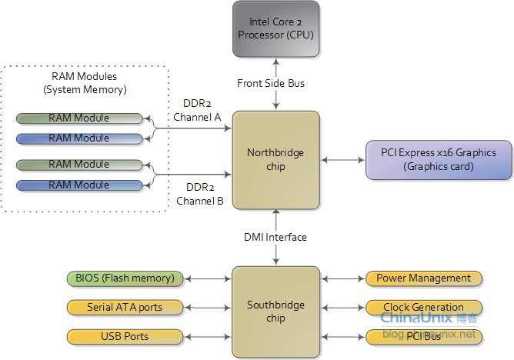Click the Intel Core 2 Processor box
[x=275, y=28]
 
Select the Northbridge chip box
[x=275, y=160]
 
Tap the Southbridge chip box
[x=275, y=312]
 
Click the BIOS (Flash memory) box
[x=125, y=278]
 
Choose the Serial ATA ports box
[x=125, y=307]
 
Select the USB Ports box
[x=125, y=336]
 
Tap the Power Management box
[x=423, y=278]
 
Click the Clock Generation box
[x=423, y=307]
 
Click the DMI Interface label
[x=275, y=237]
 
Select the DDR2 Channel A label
[x=197, y=110]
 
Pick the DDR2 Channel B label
[x=199, y=194]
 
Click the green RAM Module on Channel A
[x=79, y=118]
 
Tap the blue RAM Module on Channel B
[x=79, y=185]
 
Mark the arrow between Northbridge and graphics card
[x=342, y=160]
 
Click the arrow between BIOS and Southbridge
[x=208, y=278]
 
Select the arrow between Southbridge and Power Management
[x=342, y=278]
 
